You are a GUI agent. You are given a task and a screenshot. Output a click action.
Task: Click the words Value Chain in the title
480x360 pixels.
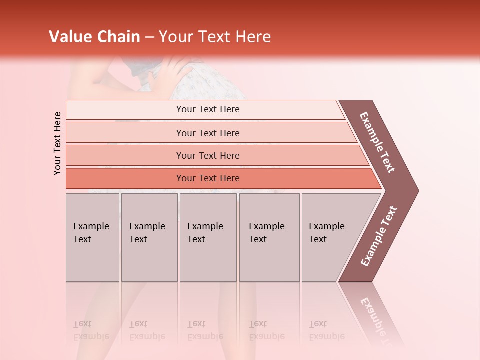coord(94,37)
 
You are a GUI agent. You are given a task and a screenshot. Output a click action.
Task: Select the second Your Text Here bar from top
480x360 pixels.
coord(208,133)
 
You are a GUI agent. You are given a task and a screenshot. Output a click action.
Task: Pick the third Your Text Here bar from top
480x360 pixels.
coord(208,155)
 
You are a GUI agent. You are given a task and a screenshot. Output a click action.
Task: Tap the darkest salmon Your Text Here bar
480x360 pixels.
coord(208,178)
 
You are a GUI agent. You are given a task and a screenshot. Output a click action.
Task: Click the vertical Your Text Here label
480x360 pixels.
coord(57,143)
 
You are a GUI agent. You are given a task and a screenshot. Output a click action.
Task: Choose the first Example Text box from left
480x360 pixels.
coord(92,237)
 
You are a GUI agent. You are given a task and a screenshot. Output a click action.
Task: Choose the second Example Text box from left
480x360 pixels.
coord(149,237)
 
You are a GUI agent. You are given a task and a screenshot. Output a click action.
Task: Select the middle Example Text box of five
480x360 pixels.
coord(208,237)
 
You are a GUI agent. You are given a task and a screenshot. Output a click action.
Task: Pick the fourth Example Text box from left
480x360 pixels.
coord(269,237)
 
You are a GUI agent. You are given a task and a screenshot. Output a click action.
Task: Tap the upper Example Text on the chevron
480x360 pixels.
coord(377,142)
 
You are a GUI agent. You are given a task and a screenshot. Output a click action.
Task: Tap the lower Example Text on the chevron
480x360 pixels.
coord(379,236)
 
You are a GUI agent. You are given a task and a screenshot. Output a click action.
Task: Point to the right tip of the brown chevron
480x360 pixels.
coord(417,190)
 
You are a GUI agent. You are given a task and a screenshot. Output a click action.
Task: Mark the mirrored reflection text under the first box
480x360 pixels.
coord(91,330)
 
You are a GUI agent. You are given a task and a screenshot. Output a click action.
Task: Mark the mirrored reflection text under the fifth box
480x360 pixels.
coord(326,330)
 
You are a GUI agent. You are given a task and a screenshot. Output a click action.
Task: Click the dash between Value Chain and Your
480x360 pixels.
coord(149,37)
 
